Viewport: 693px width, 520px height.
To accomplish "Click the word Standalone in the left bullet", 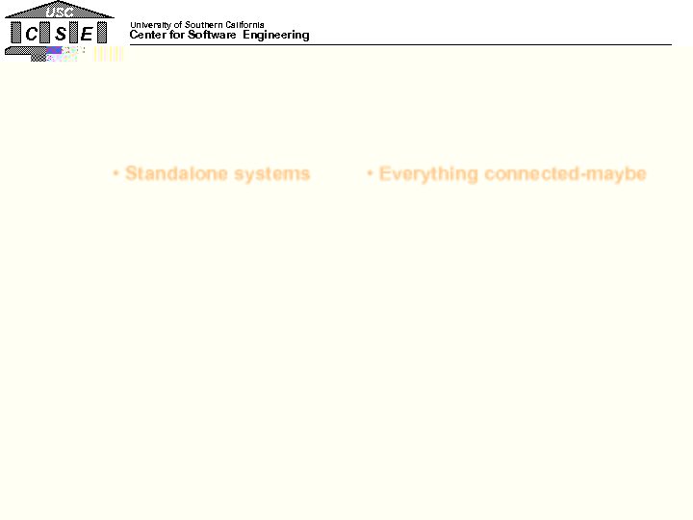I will [168, 174].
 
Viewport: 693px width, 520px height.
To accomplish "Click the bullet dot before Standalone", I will [115, 174].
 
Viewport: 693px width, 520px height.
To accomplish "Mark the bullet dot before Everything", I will [370, 174].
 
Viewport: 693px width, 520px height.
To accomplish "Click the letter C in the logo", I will [32, 34].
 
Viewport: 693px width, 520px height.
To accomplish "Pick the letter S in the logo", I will [60, 34].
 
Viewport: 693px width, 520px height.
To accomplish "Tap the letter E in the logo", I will [87, 34].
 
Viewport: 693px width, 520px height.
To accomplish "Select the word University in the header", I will [150, 25].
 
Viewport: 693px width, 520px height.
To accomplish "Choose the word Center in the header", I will [146, 36].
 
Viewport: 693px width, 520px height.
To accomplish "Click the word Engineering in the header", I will [276, 36].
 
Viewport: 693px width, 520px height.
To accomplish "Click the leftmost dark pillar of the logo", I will [15, 34].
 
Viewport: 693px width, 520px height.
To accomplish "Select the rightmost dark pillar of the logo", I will [102, 34].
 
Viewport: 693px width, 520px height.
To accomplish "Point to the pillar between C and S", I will [45, 34].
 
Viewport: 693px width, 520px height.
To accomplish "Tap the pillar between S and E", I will [74, 34].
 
